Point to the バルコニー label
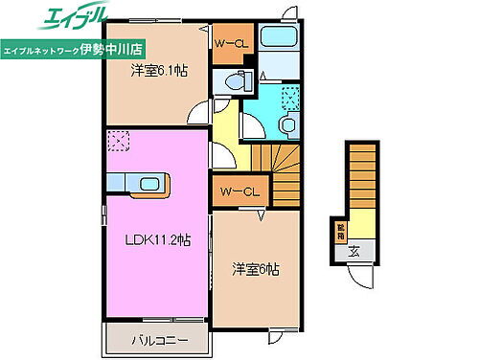(x=154, y=340)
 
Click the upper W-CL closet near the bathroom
(x=230, y=43)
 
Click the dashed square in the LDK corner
(x=119, y=140)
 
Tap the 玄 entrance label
(x=354, y=253)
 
